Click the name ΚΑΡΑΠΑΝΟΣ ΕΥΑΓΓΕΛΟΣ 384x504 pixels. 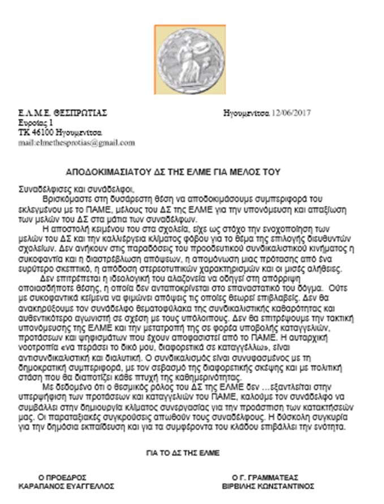tap(67, 486)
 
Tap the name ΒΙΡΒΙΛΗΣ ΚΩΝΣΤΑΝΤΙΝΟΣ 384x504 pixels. tap(270, 486)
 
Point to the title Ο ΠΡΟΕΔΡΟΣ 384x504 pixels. tap(62, 477)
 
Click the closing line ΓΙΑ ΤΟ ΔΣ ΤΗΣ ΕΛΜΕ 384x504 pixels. tap(183, 453)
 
